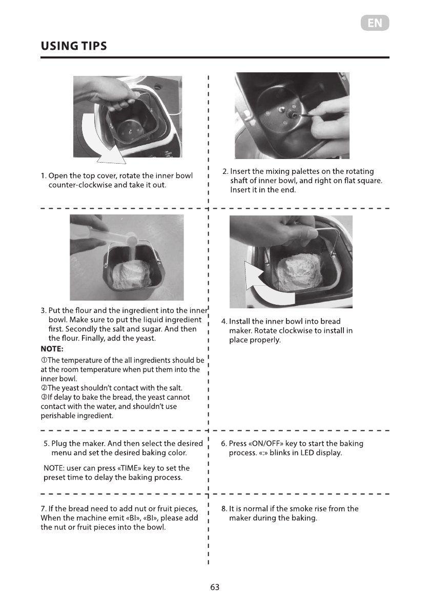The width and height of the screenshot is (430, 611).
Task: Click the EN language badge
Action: (x=375, y=23)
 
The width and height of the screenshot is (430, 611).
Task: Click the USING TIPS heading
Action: (x=74, y=46)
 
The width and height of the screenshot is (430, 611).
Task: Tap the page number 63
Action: (x=215, y=587)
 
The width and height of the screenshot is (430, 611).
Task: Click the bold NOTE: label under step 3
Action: (x=52, y=349)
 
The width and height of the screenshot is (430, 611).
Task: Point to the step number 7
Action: (x=44, y=508)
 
